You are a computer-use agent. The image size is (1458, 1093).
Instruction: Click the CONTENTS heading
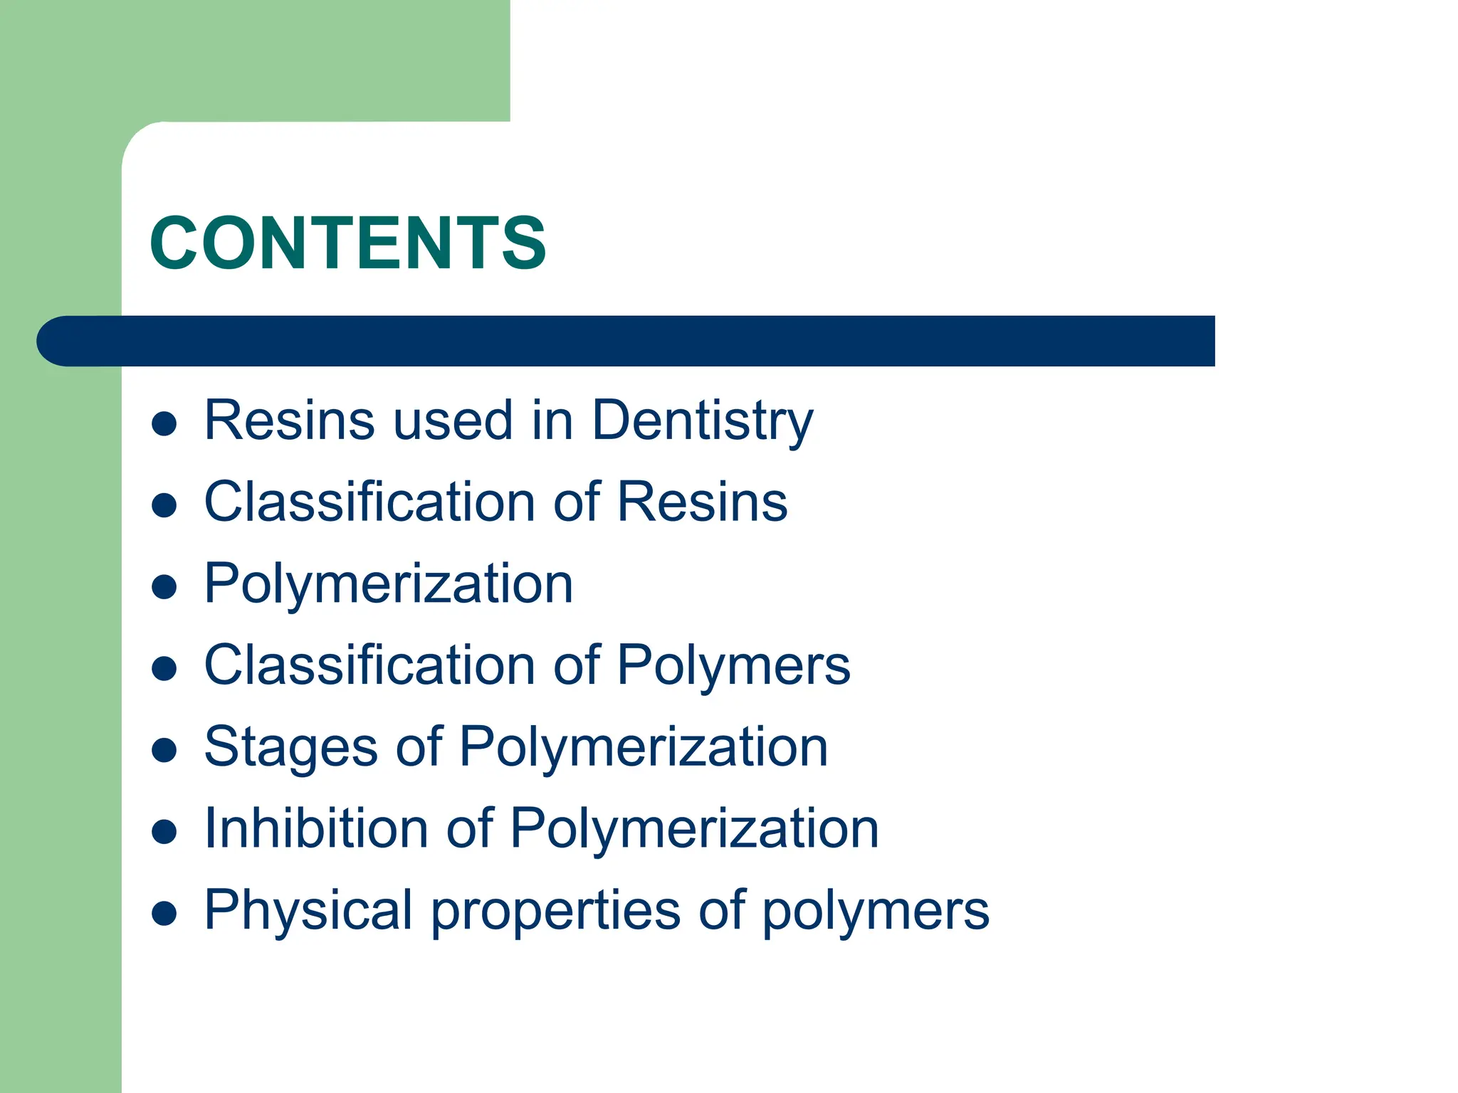tap(347, 243)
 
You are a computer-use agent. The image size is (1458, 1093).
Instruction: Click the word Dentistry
tap(702, 421)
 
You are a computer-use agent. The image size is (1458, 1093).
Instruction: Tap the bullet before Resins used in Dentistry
tap(164, 424)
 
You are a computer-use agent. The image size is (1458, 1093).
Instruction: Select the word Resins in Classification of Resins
tap(702, 502)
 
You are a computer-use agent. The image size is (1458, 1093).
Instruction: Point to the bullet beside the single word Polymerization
tap(164, 587)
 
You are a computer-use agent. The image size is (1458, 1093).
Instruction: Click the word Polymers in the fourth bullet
tap(733, 666)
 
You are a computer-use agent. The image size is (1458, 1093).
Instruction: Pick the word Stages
tap(290, 748)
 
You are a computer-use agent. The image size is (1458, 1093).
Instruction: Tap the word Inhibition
tap(316, 829)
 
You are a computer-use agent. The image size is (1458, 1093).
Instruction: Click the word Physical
tap(308, 911)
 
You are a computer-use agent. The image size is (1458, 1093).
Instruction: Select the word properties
tap(555, 911)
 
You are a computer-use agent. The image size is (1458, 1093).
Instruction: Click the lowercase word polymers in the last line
tap(876, 911)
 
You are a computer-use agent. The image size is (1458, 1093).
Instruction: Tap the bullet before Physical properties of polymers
tap(164, 914)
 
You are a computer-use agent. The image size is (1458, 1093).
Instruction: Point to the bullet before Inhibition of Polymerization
tap(164, 832)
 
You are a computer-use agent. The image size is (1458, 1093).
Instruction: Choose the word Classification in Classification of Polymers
tap(369, 666)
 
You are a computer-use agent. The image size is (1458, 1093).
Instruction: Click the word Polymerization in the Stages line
tap(644, 748)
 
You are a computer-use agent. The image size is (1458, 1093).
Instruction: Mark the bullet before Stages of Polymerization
tap(164, 751)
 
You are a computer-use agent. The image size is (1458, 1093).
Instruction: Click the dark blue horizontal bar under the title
tap(626, 341)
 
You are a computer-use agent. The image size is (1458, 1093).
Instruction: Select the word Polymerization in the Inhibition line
tap(695, 829)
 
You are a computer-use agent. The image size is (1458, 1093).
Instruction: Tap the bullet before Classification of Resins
tap(164, 505)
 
